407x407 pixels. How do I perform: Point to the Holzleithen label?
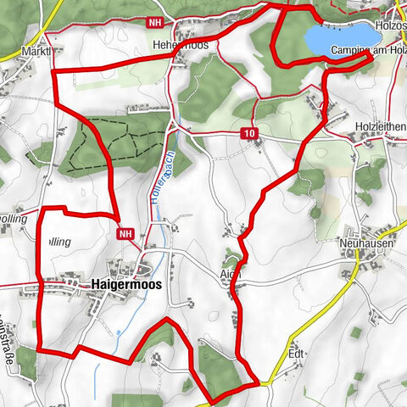point(379,126)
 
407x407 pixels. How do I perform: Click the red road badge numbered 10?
point(248,134)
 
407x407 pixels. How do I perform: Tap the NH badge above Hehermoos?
point(153,23)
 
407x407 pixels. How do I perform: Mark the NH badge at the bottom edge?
point(122,399)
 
